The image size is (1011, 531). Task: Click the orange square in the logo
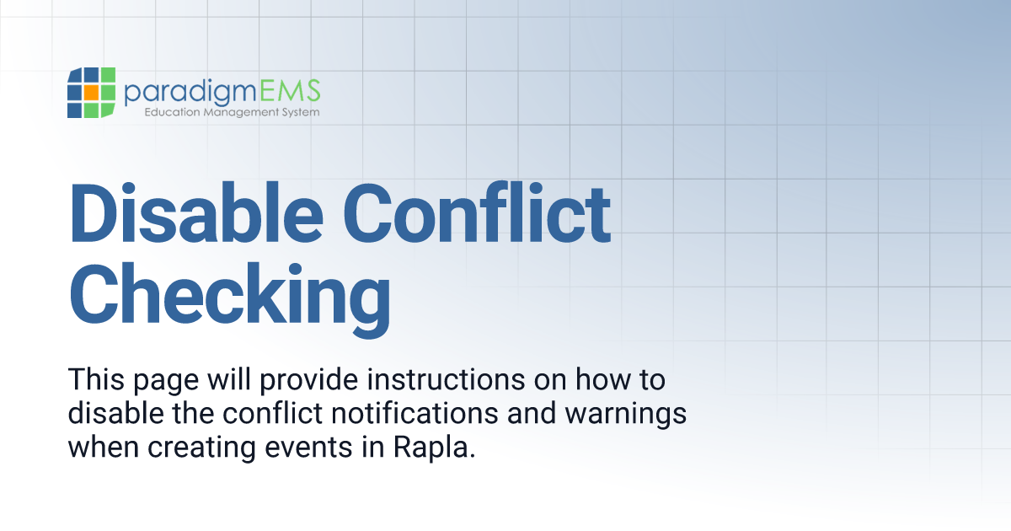click(91, 93)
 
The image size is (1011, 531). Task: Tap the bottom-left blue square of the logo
click(74, 110)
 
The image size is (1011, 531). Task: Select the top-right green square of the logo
click(108, 75)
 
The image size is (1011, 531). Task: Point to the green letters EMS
click(290, 90)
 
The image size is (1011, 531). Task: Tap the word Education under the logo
click(173, 111)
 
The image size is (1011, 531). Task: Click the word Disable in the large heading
click(196, 213)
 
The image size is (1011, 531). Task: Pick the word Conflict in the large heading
click(477, 213)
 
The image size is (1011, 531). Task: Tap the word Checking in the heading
click(230, 299)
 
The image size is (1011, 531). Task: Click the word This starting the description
click(96, 379)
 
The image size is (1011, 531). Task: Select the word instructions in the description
click(446, 379)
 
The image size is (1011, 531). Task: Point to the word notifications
click(415, 413)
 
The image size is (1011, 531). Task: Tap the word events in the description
click(308, 448)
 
